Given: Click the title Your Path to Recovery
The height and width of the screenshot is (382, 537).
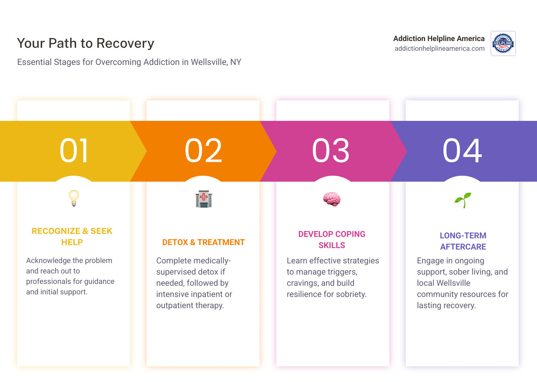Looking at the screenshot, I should (x=85, y=43).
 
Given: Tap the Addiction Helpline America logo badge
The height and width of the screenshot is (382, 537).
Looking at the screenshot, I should (x=503, y=44).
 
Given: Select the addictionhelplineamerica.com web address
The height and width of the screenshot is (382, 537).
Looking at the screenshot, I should (x=439, y=48).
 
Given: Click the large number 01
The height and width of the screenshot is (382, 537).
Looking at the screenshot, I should (x=74, y=151).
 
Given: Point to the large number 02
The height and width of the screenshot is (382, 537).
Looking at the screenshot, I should (x=203, y=151).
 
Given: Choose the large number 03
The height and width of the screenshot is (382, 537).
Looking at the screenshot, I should (x=331, y=151).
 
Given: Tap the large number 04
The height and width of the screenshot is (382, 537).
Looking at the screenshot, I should (x=462, y=151).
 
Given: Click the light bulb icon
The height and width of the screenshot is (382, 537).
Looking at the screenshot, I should (x=74, y=198).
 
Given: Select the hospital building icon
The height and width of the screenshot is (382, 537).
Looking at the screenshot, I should (x=204, y=199).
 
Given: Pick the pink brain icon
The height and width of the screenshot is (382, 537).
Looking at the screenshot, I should (x=332, y=199).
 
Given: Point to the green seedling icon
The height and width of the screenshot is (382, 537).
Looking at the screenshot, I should (x=463, y=200).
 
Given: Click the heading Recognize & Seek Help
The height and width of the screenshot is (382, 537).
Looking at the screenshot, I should (x=72, y=237).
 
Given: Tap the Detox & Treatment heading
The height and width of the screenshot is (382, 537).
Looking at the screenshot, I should (x=203, y=242).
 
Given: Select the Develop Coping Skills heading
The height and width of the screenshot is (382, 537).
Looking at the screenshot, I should (x=332, y=239).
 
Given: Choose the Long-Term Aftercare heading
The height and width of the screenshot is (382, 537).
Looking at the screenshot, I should (x=463, y=241).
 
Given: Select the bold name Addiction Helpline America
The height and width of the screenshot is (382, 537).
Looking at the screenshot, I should (x=439, y=38).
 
